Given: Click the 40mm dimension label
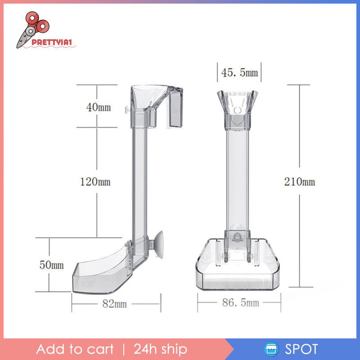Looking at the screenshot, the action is (x=99, y=107).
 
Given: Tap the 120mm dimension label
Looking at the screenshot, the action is (x=95, y=182).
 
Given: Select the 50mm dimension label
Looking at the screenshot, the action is (x=51, y=265).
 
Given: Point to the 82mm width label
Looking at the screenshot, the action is (x=115, y=303).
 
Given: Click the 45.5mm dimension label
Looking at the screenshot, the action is (x=239, y=72).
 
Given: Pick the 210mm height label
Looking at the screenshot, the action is (x=300, y=182).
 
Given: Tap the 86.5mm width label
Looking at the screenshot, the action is (x=240, y=302).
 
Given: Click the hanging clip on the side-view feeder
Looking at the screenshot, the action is (x=176, y=108).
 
